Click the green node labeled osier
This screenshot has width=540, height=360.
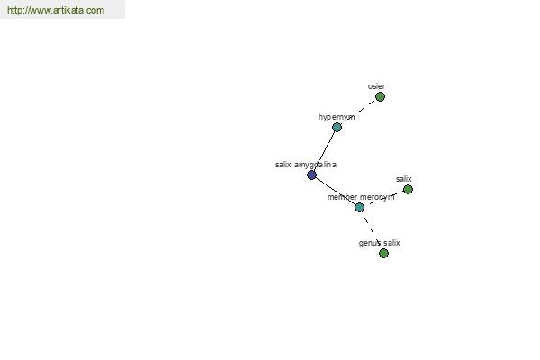point(380,97)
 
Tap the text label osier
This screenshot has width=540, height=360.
point(376,86)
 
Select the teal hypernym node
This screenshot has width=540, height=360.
point(337,128)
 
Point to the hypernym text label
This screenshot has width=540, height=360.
point(337,117)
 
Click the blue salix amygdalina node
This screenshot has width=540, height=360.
point(311,175)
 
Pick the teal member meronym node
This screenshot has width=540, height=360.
point(359,207)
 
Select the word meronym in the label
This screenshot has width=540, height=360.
point(377,197)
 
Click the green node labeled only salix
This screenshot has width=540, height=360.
point(408,190)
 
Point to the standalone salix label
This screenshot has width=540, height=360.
point(403,179)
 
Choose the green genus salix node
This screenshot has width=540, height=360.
point(383,254)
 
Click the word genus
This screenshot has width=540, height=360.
point(369,243)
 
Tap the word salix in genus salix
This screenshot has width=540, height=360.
point(391,243)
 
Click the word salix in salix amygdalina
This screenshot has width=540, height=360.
point(283,165)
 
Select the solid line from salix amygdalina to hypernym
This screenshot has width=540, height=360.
point(324,151)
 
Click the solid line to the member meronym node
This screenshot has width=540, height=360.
point(336,191)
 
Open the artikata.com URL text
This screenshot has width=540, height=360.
point(56,10)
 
